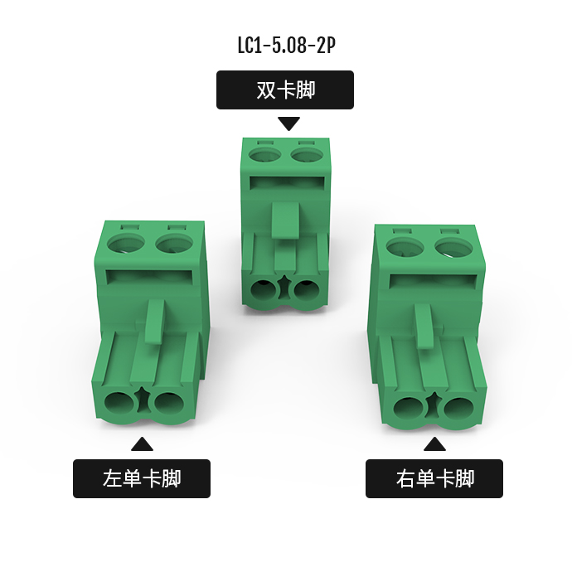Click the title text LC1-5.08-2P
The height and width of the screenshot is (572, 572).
pos(286,46)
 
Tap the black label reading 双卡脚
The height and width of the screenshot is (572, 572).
pos(285,90)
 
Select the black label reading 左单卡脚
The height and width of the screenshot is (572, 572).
pos(142,478)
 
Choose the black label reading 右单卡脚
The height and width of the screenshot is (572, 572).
pos(434,478)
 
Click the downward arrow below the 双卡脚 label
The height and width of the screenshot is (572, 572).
pos(289,123)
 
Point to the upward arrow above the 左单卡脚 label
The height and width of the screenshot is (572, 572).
pos(142,444)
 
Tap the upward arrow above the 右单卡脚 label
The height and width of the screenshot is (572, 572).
pos(434,444)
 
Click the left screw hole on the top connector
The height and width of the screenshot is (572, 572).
pos(265,153)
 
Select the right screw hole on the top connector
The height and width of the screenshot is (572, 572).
pos(308,153)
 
